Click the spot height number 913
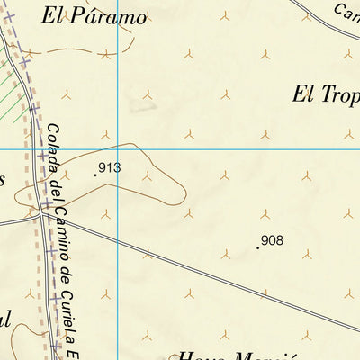pos(111,167)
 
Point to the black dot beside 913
pos(95,174)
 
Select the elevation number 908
pos(273,240)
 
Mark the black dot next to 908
pos(257,247)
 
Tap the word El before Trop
pos(302,93)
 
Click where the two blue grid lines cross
pos(118,148)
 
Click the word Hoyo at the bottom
pos(202,354)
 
